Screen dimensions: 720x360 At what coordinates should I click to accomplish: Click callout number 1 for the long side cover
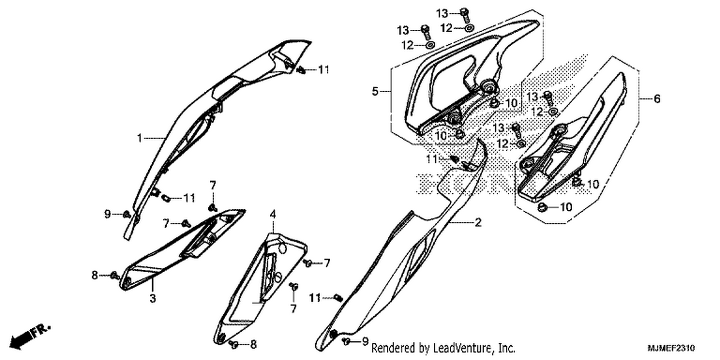tap(140, 138)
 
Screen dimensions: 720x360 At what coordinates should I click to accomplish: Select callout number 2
tap(478, 222)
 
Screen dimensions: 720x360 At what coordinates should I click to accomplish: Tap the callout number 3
tap(153, 298)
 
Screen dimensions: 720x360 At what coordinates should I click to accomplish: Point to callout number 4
tap(273, 214)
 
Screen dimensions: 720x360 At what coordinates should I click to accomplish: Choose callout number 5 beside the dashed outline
tap(375, 91)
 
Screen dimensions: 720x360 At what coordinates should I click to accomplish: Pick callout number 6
tap(657, 99)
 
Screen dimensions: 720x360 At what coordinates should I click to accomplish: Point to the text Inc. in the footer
tap(507, 348)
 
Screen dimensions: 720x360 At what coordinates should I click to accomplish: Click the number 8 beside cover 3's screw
tap(95, 275)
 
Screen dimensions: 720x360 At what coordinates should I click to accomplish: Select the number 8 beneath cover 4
tap(253, 345)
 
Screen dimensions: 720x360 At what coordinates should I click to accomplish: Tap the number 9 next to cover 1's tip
tap(108, 214)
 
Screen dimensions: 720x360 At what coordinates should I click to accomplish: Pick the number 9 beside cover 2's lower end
tap(365, 341)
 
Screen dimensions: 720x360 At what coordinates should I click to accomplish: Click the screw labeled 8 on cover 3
tap(114, 276)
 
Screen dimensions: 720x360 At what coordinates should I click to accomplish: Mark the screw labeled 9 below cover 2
tap(346, 341)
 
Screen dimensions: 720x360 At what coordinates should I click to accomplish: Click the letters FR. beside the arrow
tap(40, 331)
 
